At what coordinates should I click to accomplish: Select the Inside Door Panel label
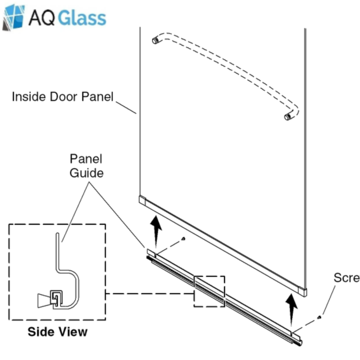pyautogui.click(x=62, y=97)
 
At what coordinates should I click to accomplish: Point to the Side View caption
pyautogui.click(x=57, y=332)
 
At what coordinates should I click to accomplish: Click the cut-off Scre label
pyautogui.click(x=346, y=278)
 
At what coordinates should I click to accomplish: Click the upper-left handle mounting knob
pyautogui.click(x=155, y=41)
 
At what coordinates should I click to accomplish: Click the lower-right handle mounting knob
pyautogui.click(x=288, y=116)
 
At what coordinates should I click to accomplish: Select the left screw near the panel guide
pyautogui.click(x=183, y=239)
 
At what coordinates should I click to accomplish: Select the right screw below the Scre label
pyautogui.click(x=319, y=317)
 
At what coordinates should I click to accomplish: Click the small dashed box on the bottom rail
pyautogui.click(x=210, y=291)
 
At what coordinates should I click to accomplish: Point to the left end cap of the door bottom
pyautogui.click(x=143, y=200)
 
